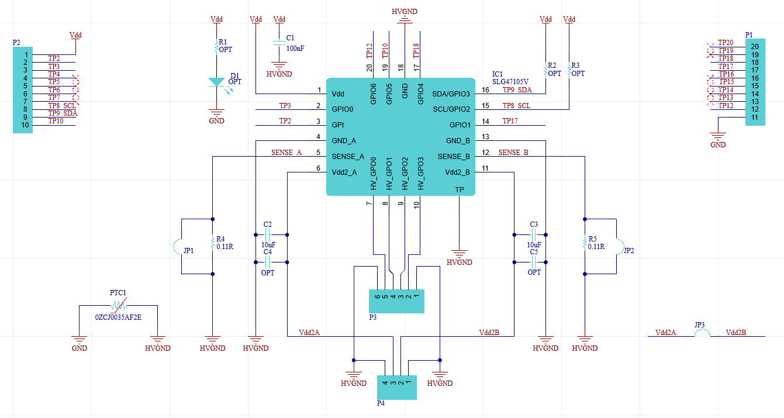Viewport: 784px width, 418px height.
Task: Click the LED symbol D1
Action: (x=217, y=82)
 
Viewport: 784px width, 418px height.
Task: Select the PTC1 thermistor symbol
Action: (x=119, y=305)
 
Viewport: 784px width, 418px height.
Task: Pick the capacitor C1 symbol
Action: (x=279, y=43)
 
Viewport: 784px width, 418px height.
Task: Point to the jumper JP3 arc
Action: (x=702, y=333)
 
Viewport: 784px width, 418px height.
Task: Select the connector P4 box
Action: (x=397, y=388)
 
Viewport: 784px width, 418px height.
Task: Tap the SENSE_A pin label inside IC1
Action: (x=348, y=157)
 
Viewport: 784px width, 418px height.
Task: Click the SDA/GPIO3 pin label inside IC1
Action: (x=451, y=94)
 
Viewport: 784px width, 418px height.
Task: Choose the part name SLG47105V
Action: (x=510, y=82)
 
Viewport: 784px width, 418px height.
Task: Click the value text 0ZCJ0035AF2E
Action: (x=119, y=317)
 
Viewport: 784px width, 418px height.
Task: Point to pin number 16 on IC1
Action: (x=485, y=90)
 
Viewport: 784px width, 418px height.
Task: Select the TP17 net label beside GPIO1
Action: (x=510, y=121)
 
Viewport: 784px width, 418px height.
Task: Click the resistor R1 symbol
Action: (x=217, y=46)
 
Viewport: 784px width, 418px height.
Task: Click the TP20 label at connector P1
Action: (x=726, y=43)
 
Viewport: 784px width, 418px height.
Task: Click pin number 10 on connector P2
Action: (x=25, y=125)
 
